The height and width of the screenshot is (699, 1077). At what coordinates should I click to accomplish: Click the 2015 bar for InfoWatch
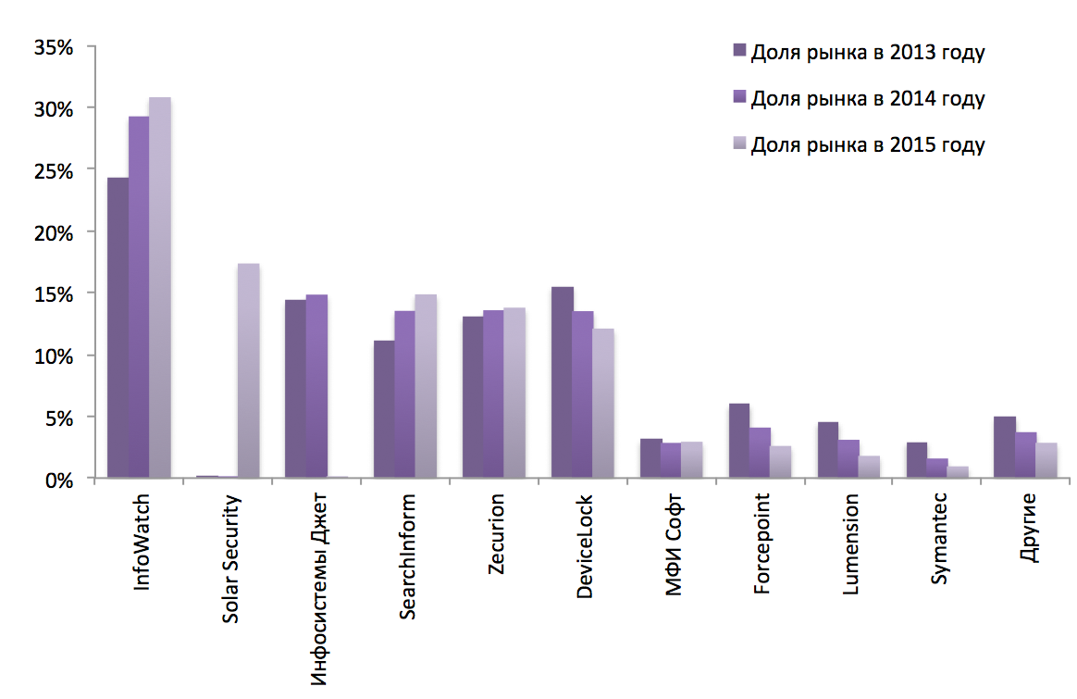[x=160, y=287]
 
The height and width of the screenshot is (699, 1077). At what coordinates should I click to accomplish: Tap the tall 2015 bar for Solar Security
[x=248, y=370]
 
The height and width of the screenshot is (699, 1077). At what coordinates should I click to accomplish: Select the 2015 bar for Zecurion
[x=514, y=393]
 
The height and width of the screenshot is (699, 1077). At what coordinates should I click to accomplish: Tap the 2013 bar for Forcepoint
[x=738, y=441]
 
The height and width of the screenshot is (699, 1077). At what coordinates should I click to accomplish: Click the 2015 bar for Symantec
[x=958, y=472]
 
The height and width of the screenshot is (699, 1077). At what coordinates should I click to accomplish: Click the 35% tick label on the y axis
[x=52, y=45]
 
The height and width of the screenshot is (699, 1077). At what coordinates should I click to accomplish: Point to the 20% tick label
[x=52, y=231]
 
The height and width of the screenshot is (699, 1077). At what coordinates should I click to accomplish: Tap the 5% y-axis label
[x=57, y=418]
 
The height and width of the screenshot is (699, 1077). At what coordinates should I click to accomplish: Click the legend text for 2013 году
[x=867, y=52]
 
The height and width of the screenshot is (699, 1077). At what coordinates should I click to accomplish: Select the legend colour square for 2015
[x=739, y=144]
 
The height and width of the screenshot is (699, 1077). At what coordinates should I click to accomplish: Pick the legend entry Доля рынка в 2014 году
[x=867, y=98]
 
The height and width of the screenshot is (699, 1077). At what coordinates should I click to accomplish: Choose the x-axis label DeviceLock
[x=584, y=546]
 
